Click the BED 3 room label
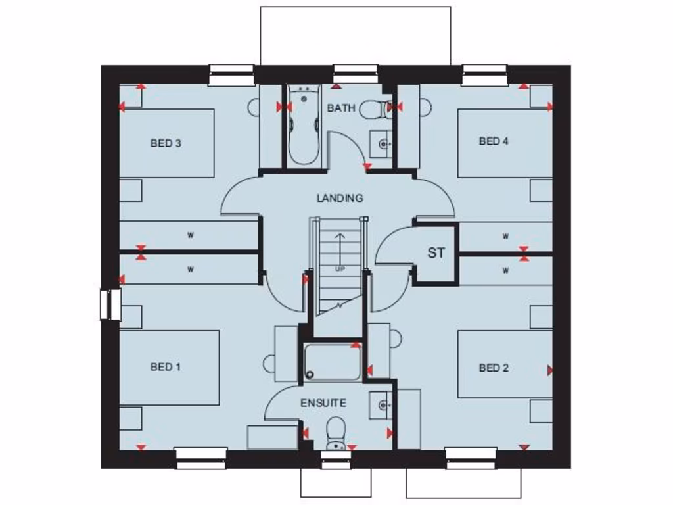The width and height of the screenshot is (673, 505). (x=166, y=143)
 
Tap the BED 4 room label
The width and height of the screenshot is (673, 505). (x=494, y=141)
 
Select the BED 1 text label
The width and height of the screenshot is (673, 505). (x=166, y=367)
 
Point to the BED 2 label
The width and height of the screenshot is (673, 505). (x=494, y=368)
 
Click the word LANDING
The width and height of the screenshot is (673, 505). (x=340, y=197)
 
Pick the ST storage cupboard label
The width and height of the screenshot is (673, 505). (x=436, y=253)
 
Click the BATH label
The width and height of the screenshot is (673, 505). (x=341, y=108)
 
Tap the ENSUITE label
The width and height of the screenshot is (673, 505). (x=323, y=403)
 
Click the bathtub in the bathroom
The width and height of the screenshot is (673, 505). (x=303, y=125)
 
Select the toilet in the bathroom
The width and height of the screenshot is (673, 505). (x=375, y=108)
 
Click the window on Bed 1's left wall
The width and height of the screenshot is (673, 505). (x=110, y=305)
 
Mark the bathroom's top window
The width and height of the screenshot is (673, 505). (x=356, y=74)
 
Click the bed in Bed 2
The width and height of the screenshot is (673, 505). (x=505, y=364)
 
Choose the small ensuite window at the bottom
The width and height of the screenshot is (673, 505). (x=336, y=458)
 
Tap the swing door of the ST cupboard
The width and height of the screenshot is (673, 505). (x=393, y=247)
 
